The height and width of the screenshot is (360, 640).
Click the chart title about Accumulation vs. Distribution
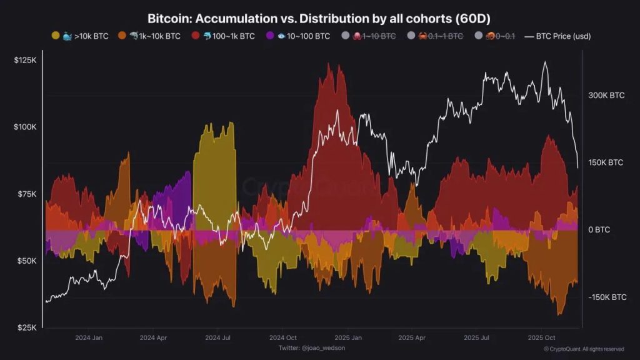point(319,19)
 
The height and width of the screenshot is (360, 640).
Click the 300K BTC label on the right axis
point(606,96)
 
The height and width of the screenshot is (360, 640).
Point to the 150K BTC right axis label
point(606,162)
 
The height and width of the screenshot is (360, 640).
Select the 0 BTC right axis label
point(599,230)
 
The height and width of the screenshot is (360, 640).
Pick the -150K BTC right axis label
point(607,297)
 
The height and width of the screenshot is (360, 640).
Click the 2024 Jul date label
point(217,337)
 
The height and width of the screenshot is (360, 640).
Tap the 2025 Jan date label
point(347,337)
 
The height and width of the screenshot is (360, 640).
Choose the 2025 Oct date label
point(541,337)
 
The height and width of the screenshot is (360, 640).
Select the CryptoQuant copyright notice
point(583,349)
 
